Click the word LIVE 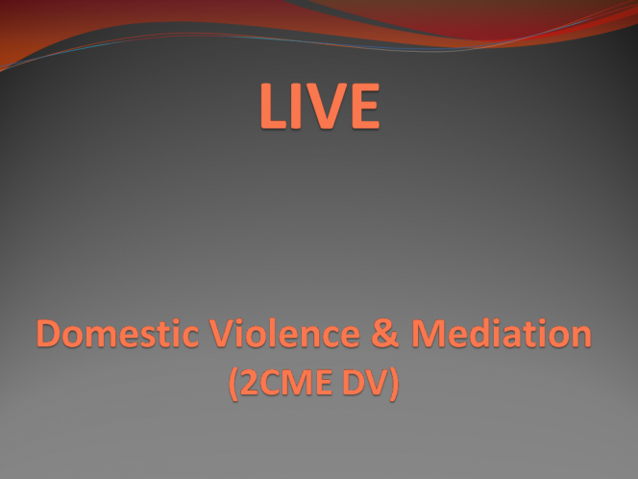pyautogui.click(x=320, y=106)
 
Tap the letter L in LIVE pyautogui.click(x=273, y=106)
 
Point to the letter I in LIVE pyautogui.click(x=296, y=106)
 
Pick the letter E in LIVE pyautogui.click(x=366, y=106)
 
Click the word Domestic pyautogui.click(x=117, y=333)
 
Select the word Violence pyautogui.click(x=284, y=333)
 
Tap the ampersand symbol pyautogui.click(x=385, y=333)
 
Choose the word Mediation pyautogui.click(x=502, y=333)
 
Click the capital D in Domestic pyautogui.click(x=49, y=333)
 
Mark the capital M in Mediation pyautogui.click(x=428, y=333)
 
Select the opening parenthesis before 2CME pyautogui.click(x=233, y=384)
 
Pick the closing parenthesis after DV pyautogui.click(x=394, y=384)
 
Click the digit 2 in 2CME pyautogui.click(x=249, y=382)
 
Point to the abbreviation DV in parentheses pyautogui.click(x=365, y=382)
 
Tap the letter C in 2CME pyautogui.click(x=270, y=382)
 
